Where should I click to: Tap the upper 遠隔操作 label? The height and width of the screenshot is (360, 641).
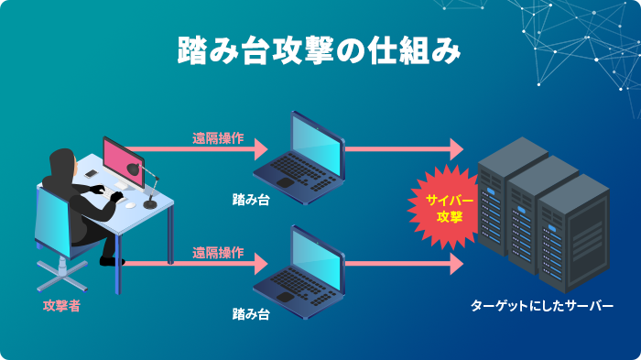tap(217, 139)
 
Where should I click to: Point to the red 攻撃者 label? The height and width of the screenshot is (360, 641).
tap(61, 306)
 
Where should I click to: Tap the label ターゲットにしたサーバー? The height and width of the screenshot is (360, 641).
tap(542, 306)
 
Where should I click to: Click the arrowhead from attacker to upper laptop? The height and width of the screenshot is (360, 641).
tap(259, 148)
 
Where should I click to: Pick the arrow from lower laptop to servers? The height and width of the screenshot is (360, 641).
tap(403, 264)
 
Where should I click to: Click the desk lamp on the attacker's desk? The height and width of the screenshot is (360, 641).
tap(147, 180)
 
